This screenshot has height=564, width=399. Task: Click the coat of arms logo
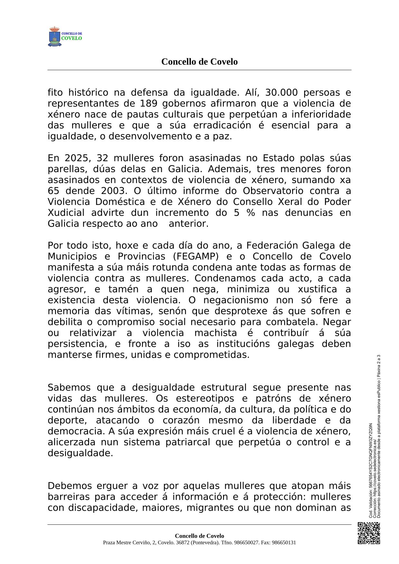[55, 37]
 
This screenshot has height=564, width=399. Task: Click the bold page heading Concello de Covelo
[199, 62]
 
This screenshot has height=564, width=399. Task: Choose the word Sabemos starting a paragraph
[68, 388]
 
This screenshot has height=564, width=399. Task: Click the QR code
[369, 533]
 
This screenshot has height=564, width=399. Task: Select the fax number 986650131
[284, 543]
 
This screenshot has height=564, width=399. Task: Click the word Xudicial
[66, 213]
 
